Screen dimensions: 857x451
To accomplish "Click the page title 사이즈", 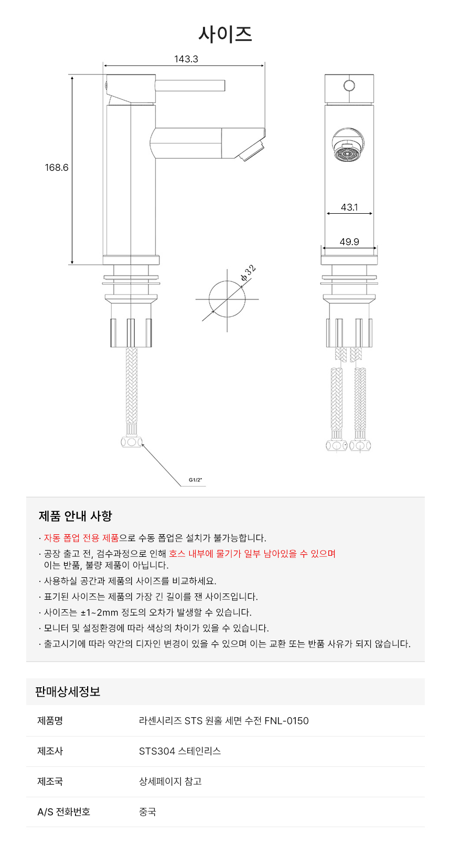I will click(225, 34).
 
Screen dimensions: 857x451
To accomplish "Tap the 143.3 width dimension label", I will click(186, 59).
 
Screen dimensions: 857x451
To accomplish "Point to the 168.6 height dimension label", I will click(57, 168).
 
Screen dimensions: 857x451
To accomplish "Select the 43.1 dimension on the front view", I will click(349, 207).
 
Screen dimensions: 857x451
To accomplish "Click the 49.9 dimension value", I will click(349, 242).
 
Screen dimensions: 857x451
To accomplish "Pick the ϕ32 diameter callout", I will click(248, 273).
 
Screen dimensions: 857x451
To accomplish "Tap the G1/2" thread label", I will click(195, 480).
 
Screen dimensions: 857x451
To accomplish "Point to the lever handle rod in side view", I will click(190, 85).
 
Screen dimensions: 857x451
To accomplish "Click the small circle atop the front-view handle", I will click(349, 85).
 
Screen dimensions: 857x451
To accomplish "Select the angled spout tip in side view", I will click(252, 151).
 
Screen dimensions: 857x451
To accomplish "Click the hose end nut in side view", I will click(131, 442).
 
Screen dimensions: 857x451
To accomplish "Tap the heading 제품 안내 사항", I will click(76, 516).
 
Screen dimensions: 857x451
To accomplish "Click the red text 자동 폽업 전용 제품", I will click(81, 538).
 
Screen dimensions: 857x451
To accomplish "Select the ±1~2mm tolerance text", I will click(99, 612).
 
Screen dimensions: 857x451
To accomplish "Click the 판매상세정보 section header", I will click(68, 691).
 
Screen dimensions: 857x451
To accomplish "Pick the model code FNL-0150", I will click(286, 721).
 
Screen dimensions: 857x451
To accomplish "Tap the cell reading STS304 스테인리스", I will click(180, 751).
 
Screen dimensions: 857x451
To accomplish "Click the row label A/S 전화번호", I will click(63, 812).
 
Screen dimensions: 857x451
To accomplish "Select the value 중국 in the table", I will click(147, 812).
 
